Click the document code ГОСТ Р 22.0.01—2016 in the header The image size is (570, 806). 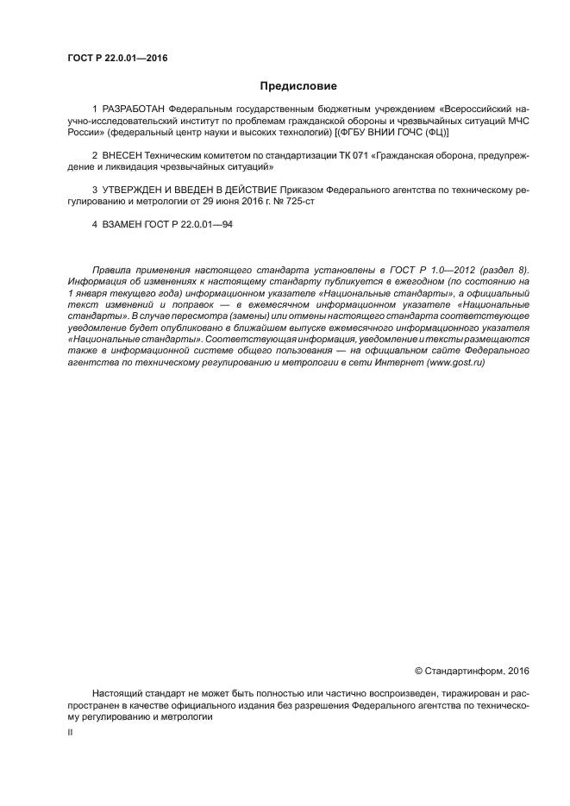[x=116, y=59]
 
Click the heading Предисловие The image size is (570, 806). [x=298, y=86]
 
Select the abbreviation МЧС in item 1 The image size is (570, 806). [x=516, y=122]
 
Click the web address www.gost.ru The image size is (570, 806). [x=455, y=363]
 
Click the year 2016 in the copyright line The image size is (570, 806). [x=518, y=670]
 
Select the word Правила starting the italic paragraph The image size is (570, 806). [x=110, y=270]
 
